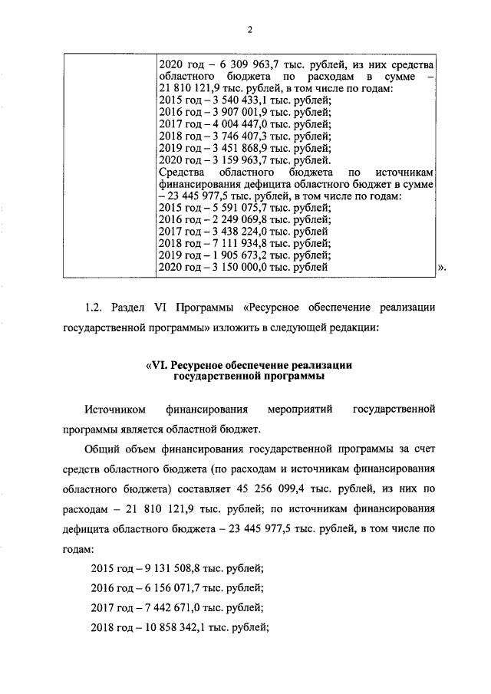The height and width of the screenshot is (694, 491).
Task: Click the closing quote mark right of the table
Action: pyautogui.click(x=441, y=268)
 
